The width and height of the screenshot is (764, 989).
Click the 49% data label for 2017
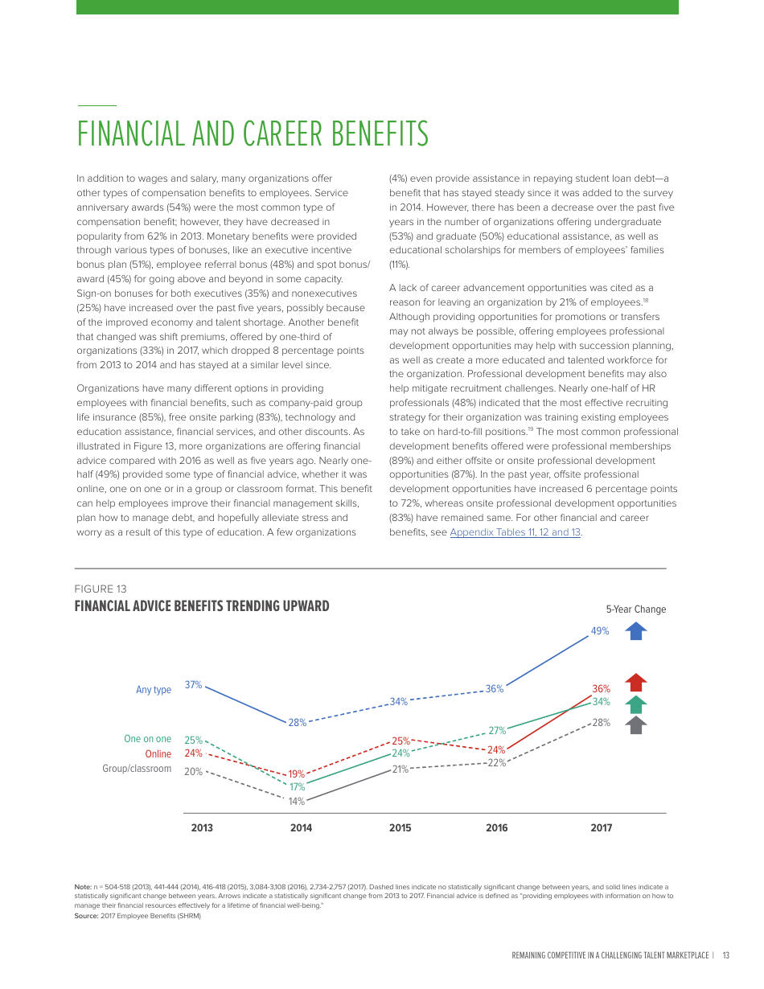(600, 631)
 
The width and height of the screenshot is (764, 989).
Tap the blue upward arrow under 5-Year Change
(636, 631)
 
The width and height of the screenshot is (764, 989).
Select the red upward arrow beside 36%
(636, 683)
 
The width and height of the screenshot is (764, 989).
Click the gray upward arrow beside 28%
(636, 724)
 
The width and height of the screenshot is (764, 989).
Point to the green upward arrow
(636, 704)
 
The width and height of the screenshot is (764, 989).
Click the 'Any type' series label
(154, 690)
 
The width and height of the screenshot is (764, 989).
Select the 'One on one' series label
(147, 739)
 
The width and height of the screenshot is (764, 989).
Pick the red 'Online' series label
(158, 754)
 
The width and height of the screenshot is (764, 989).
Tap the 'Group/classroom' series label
(137, 769)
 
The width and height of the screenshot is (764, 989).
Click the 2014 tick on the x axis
(301, 828)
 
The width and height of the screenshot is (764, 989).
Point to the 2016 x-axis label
(497, 828)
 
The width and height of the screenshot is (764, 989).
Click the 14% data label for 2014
(297, 802)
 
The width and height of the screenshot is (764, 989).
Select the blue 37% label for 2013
(193, 685)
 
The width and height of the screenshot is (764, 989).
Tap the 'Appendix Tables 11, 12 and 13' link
(515, 532)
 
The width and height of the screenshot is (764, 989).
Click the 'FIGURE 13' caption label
(101, 589)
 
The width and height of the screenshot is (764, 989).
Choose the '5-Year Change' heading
(636, 609)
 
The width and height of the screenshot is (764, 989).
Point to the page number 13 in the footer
(725, 955)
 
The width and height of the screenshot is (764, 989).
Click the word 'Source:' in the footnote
(86, 916)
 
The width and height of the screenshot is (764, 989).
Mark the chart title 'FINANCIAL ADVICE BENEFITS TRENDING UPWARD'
(202, 606)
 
